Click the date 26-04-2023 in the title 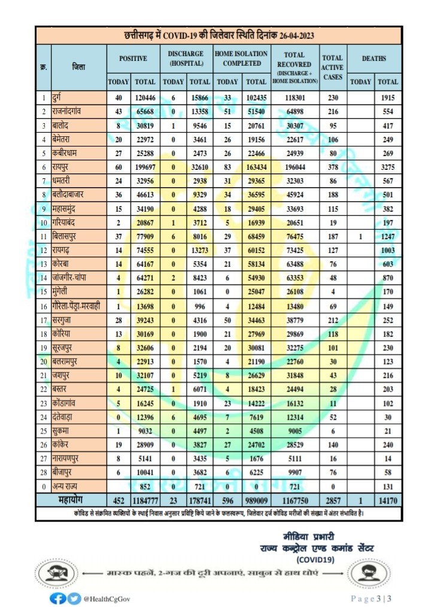[x=294, y=36]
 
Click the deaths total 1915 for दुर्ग [x=388, y=96]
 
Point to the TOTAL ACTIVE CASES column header [x=332, y=67]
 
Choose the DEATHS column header [x=374, y=59]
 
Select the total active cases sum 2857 [x=332, y=499]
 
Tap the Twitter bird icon [x=73, y=597]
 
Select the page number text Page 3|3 [x=371, y=598]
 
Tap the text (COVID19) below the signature [x=317, y=560]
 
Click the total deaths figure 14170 [x=388, y=499]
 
